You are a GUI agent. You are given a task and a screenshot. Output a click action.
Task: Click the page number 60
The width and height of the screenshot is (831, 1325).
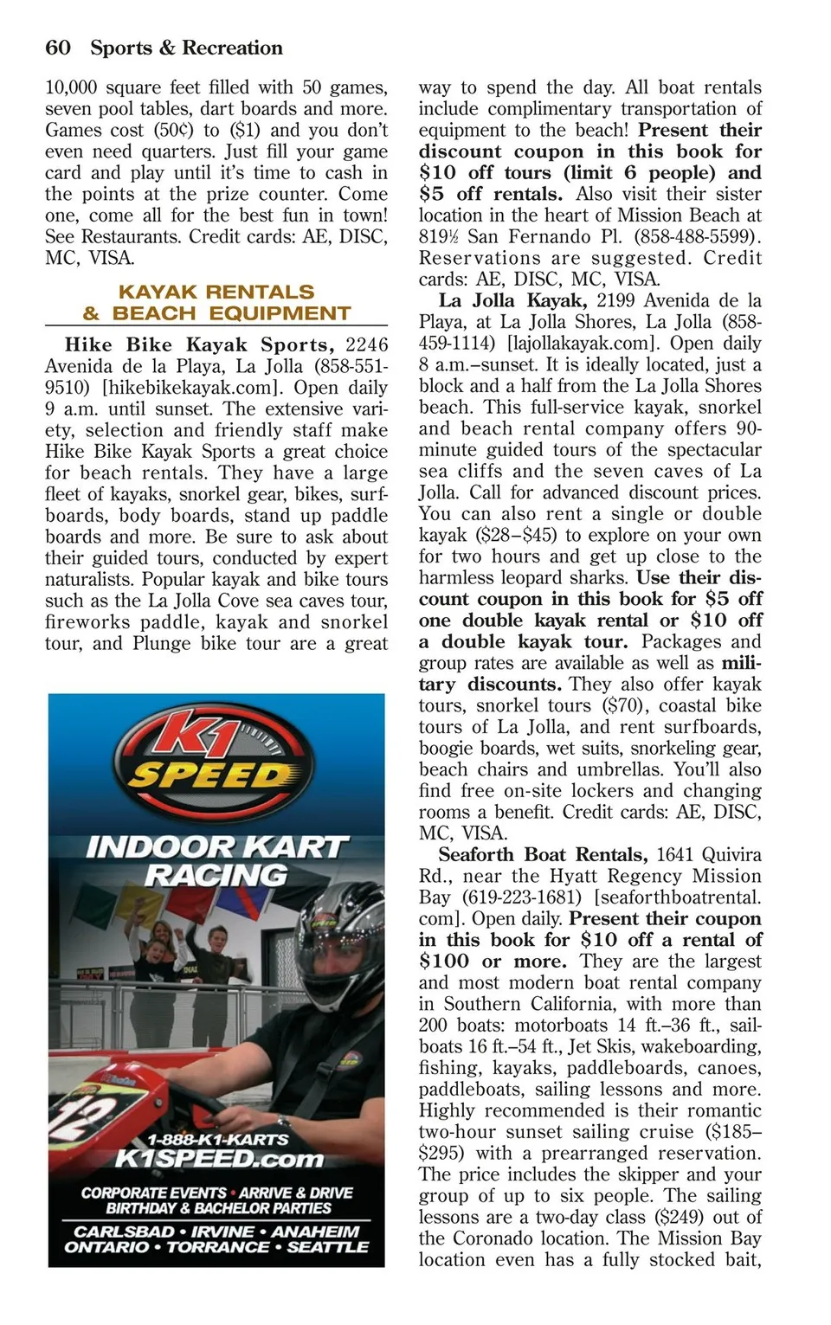pyautogui.click(x=58, y=48)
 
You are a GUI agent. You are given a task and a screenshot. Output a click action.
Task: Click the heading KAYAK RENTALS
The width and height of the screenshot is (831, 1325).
pyautogui.click(x=216, y=292)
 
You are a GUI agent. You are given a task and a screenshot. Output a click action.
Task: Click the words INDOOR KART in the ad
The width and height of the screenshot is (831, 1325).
pyautogui.click(x=216, y=846)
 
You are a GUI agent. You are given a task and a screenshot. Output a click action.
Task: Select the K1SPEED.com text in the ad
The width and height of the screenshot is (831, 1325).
pyautogui.click(x=218, y=1158)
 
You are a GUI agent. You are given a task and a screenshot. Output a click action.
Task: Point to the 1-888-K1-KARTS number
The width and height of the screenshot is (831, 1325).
pyautogui.click(x=218, y=1139)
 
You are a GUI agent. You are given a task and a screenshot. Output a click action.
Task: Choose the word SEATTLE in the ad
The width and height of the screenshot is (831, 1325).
pyautogui.click(x=327, y=1247)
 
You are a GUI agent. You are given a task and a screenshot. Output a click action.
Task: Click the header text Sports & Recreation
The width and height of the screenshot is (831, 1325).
pyautogui.click(x=186, y=48)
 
